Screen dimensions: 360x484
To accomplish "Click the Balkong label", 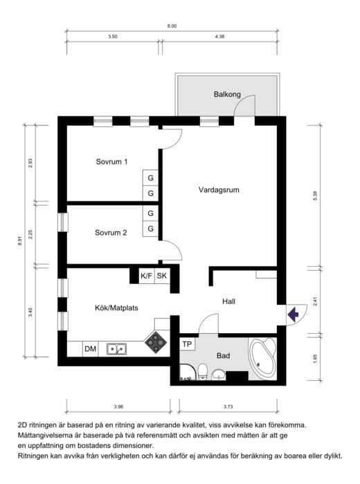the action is coord(227,94).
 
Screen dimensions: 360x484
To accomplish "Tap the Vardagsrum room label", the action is coord(219,190).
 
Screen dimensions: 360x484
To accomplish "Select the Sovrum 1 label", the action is coord(111,161).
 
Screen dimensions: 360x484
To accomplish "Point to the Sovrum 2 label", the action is coord(111,233).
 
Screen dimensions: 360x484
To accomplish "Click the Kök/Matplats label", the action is coord(116,307).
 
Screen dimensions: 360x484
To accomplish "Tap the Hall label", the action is coord(228,301).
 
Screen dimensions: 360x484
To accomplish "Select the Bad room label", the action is coord(223,356).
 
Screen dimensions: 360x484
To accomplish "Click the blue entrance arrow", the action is coord(293,314).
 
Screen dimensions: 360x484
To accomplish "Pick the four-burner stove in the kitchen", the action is coord(156,342).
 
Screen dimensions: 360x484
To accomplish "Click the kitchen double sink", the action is coord(117,349).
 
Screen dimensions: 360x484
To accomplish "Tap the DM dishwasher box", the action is coord(90,349).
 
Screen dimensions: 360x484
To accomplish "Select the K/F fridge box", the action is coord(146,276).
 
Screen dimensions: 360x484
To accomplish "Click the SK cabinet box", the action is coord(162,276).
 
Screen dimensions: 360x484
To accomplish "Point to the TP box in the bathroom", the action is coord(187,344).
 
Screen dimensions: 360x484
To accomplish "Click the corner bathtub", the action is coord(262,359).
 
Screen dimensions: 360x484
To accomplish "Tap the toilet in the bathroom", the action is coord(203,371).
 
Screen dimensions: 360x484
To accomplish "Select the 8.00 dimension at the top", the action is coord(172,26).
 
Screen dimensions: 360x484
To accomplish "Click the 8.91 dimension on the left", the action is coord(20,241).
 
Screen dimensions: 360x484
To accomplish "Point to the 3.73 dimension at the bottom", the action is coord(228,406).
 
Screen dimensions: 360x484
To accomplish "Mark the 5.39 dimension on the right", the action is coord(315,196).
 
